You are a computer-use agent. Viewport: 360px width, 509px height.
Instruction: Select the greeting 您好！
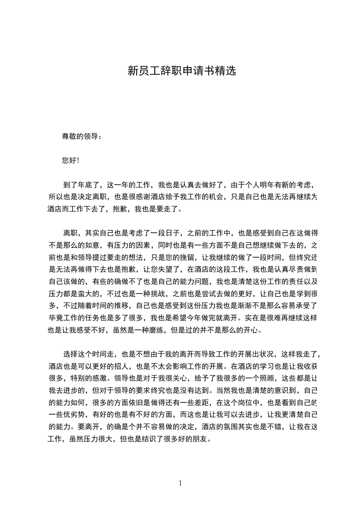tap(71, 160)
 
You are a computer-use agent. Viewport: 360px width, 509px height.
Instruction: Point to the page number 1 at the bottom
tap(180, 483)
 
